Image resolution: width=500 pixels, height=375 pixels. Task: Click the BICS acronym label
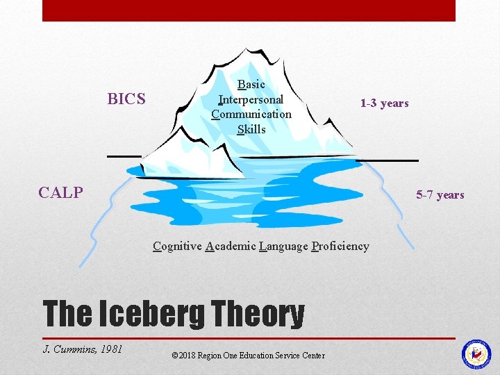coord(126,99)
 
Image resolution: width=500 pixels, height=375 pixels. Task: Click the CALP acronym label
coord(61,192)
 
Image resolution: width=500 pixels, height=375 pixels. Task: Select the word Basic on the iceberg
coord(251,85)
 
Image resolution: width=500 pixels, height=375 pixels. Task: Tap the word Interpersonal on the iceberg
coord(251,99)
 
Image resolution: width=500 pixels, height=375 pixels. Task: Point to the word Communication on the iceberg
coord(251,114)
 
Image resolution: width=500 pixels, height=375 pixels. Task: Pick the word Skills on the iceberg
coord(251,129)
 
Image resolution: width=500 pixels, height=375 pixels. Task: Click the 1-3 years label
coord(384,103)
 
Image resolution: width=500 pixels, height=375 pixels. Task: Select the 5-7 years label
coord(440,195)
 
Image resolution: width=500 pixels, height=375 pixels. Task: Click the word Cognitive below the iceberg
coord(177,246)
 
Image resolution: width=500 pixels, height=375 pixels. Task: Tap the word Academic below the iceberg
coord(231,246)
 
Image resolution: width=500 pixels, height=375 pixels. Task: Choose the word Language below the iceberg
coord(283,246)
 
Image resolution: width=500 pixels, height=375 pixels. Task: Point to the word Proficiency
coord(340,246)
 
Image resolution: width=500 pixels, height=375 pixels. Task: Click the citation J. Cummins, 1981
coord(83,349)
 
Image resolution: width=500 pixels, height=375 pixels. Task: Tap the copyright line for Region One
coord(247,356)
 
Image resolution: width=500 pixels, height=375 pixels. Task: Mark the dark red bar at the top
coord(249,10)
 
